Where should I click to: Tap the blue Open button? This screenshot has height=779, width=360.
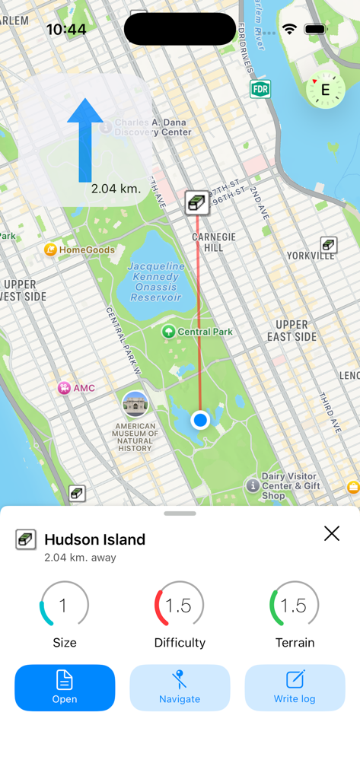pyautogui.click(x=65, y=688)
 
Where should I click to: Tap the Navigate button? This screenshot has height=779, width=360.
pyautogui.click(x=180, y=688)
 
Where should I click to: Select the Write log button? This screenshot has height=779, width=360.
pyautogui.click(x=295, y=688)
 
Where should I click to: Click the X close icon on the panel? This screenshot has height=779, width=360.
pyautogui.click(x=332, y=533)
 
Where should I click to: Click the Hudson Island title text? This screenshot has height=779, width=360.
pyautogui.click(x=94, y=539)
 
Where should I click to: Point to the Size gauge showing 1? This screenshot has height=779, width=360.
pyautogui.click(x=64, y=606)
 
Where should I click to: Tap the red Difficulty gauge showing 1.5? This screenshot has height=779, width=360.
pyautogui.click(x=179, y=606)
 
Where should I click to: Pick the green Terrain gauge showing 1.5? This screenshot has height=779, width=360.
pyautogui.click(x=294, y=606)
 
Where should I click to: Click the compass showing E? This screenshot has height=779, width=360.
pyautogui.click(x=325, y=91)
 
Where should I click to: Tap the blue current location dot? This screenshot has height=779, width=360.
pyautogui.click(x=200, y=420)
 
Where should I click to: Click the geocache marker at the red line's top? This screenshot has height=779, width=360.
pyautogui.click(x=197, y=202)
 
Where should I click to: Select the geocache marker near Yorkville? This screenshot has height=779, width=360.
pyautogui.click(x=329, y=244)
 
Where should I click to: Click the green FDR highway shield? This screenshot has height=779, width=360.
pyautogui.click(x=260, y=89)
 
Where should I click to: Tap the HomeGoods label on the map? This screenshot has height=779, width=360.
pyautogui.click(x=86, y=250)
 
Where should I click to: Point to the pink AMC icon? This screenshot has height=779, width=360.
pyautogui.click(x=65, y=388)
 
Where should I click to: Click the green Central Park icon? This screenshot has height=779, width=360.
pyautogui.click(x=169, y=332)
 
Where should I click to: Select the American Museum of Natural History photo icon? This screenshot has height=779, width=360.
pyautogui.click(x=135, y=405)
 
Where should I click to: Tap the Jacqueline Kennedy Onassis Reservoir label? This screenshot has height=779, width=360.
pyautogui.click(x=155, y=281)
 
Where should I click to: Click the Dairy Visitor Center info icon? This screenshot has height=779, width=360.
pyautogui.click(x=253, y=485)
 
